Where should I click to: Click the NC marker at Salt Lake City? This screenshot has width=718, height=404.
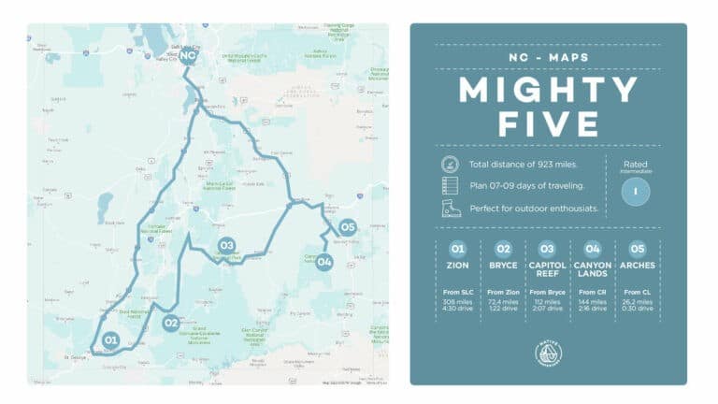188,56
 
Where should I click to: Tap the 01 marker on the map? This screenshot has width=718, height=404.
110,339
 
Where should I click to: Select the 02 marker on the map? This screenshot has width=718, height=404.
170,324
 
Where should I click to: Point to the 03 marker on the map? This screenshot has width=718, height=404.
225,246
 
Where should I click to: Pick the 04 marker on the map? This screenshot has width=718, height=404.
324,262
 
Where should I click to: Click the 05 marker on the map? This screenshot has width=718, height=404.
348,226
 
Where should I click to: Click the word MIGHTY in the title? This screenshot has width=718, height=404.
548,91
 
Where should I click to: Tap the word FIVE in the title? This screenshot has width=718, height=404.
548,124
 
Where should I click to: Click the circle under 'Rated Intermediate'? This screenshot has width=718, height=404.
635,191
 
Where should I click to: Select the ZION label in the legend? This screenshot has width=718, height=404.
457,266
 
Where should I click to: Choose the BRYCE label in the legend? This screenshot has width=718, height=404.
503,266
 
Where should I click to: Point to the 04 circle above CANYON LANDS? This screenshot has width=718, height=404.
593,249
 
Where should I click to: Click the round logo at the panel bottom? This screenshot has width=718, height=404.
548,353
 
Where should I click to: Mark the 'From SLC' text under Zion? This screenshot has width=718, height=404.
457,292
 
